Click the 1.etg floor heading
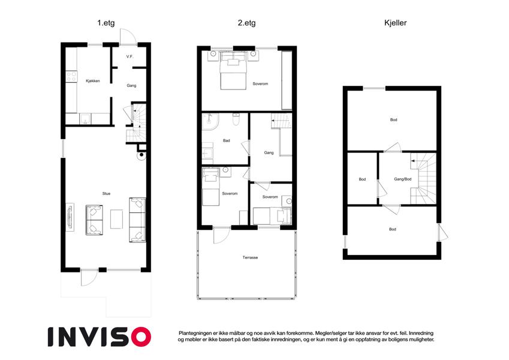[x=106, y=23]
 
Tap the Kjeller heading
[x=395, y=23]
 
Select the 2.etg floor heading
[x=247, y=23]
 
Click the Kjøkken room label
[x=93, y=81]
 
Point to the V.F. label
[x=130, y=56]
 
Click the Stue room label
[x=107, y=194]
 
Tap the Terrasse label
[x=250, y=257]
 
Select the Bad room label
[x=227, y=140]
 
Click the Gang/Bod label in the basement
[x=403, y=179]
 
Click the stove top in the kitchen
[x=71, y=77]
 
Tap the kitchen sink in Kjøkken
[x=85, y=119]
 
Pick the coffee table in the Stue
[x=116, y=219]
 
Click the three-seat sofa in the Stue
[x=137, y=220]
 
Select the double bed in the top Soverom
[x=233, y=71]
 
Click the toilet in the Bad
[x=236, y=119]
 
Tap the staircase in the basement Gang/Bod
[x=423, y=179]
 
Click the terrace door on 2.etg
[x=221, y=235]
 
